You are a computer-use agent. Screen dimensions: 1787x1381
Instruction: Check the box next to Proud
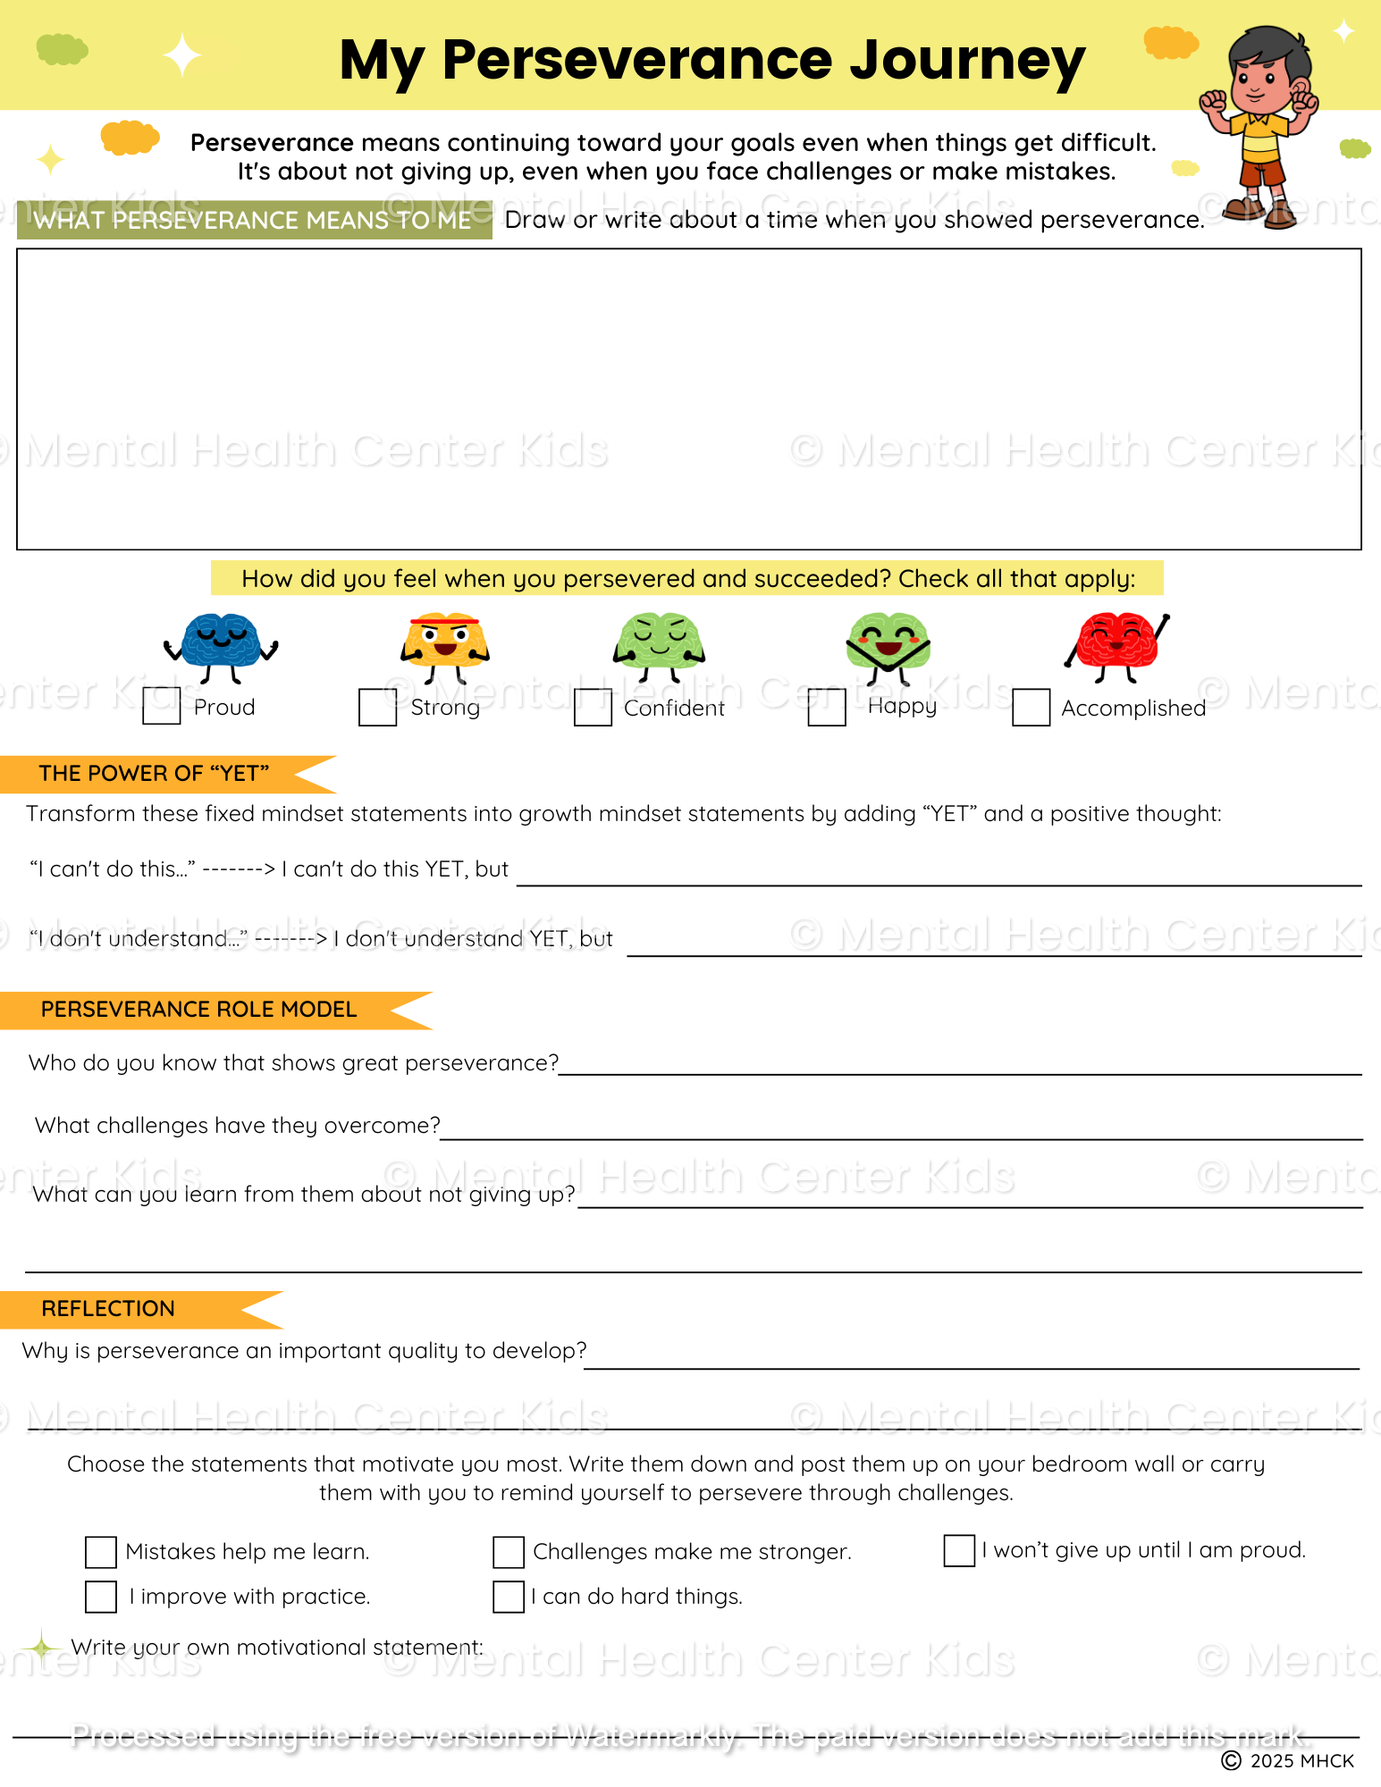coord(162,706)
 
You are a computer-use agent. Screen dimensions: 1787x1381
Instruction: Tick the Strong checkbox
coord(377,707)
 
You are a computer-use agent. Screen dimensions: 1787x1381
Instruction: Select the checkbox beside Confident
coord(593,707)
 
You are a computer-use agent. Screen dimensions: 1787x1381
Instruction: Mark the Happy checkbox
coord(827,707)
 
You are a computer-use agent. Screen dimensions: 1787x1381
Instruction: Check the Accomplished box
coord(1031,707)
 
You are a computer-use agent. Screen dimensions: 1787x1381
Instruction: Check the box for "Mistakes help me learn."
coord(101,1552)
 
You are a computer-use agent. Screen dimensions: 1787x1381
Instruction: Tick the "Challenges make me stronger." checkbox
coord(509,1552)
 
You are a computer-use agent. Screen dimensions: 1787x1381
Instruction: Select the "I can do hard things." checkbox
coord(509,1597)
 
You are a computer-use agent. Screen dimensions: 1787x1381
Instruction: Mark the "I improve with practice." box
coord(101,1597)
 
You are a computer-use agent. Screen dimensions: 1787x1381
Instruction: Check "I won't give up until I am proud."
coord(959,1550)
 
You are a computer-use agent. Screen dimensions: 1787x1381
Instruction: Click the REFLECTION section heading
coord(108,1309)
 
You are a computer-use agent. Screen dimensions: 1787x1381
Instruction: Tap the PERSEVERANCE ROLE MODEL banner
coord(198,1010)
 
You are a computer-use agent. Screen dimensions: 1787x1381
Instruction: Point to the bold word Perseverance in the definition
coord(272,143)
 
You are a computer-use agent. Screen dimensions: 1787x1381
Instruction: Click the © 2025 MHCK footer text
coord(1288,1761)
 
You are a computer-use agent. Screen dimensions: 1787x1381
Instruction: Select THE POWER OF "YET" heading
coord(154,774)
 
